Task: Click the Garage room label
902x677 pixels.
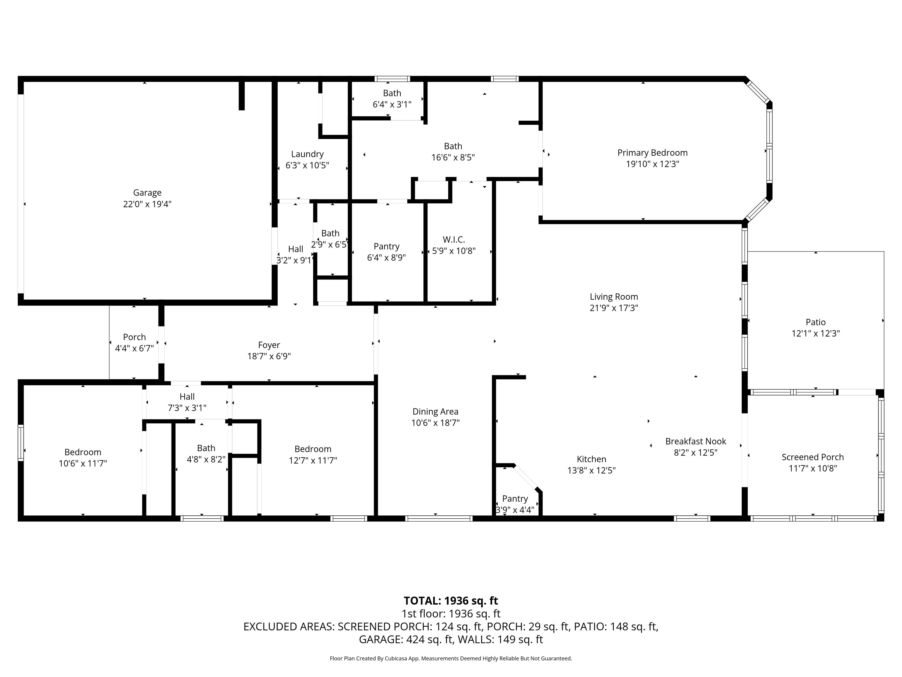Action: coord(147,193)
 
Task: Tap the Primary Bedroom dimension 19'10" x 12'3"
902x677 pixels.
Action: coord(652,164)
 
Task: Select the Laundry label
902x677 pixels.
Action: coord(307,154)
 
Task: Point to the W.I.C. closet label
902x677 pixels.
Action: coord(454,239)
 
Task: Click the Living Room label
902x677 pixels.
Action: coord(614,297)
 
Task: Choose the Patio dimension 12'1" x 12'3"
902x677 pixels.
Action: coord(816,334)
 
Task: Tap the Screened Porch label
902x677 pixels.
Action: coord(813,457)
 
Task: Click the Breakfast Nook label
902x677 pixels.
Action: coord(696,441)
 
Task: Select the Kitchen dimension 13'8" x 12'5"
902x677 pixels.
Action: coord(591,470)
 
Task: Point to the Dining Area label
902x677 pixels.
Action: coord(435,411)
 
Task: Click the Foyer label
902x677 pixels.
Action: coord(269,345)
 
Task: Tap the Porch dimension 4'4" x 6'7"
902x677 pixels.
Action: coord(134,348)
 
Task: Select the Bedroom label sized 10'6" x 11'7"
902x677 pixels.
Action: coord(83,452)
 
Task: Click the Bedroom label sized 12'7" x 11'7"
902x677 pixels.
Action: coord(313,449)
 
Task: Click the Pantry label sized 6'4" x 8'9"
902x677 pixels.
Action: coord(387,247)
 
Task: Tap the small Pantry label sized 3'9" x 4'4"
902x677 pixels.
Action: coord(515,499)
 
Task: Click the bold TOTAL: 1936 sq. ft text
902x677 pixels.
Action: coord(451,601)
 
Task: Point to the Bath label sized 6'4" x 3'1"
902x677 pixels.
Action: coord(392,93)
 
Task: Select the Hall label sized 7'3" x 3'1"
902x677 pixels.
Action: coord(187,397)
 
